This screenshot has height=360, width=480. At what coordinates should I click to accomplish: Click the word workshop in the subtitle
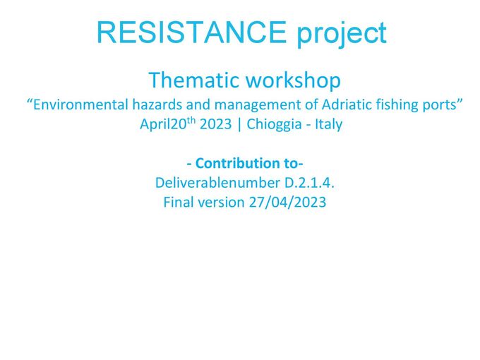[x=293, y=80]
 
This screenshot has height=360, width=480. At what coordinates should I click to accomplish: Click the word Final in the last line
[x=179, y=203]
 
